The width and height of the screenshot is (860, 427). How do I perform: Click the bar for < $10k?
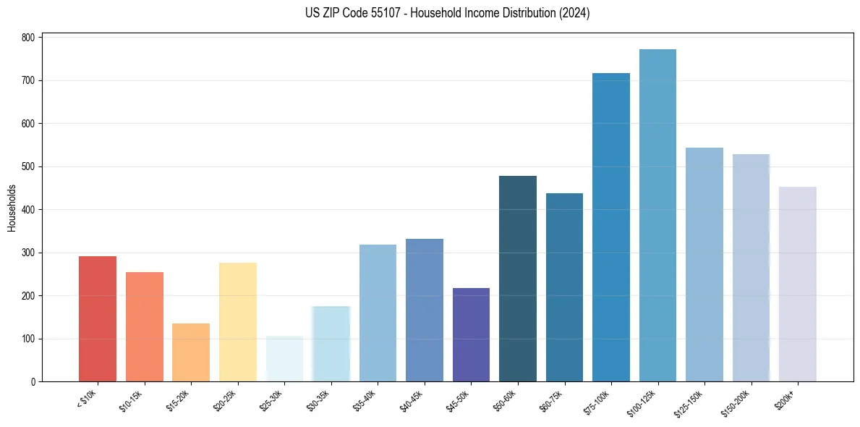[98, 319]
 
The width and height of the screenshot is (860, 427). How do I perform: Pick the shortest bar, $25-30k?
[284, 359]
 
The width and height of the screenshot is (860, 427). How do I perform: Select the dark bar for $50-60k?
[518, 279]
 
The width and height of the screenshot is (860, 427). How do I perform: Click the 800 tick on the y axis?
[28, 38]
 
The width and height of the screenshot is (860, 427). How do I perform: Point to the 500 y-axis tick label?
[28, 166]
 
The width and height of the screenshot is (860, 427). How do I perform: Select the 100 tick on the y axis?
[28, 339]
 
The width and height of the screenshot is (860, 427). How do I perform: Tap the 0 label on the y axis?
[33, 382]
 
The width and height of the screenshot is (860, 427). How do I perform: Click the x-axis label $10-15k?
[132, 400]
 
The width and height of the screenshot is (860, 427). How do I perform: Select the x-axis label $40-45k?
[412, 400]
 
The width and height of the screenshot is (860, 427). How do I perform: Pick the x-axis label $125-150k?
[690, 402]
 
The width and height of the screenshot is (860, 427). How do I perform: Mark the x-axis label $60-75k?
[552, 400]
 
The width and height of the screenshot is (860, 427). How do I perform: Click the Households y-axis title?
[12, 208]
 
